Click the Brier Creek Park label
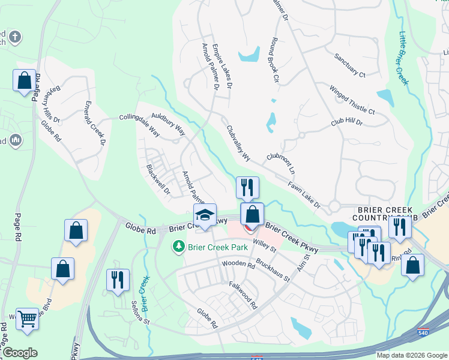click(x=210, y=247)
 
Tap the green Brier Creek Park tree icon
click(x=178, y=246)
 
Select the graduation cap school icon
click(x=204, y=216)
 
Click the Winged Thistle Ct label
click(x=352, y=100)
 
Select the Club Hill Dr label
click(x=347, y=122)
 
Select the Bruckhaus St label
click(x=273, y=271)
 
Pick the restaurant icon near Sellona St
click(x=117, y=280)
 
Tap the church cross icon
click(x=14, y=37)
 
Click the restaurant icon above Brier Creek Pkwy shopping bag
click(x=247, y=188)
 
